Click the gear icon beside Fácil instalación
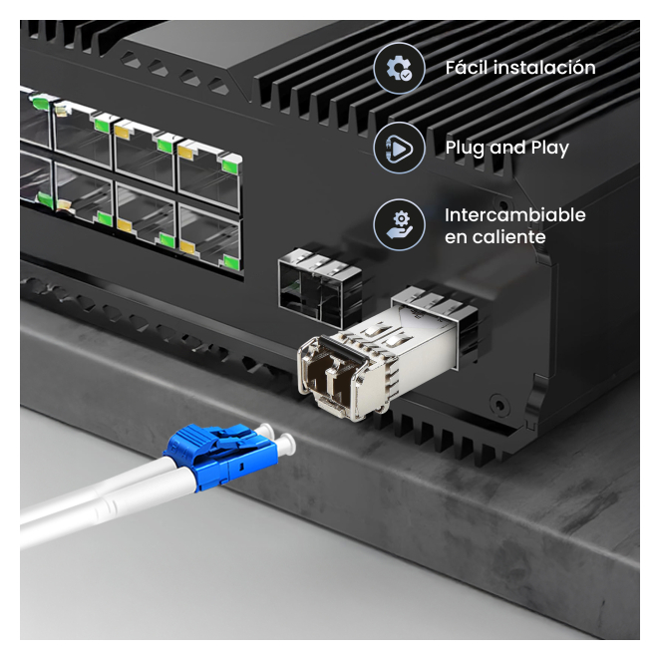pos(399,68)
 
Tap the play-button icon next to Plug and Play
pos(399,148)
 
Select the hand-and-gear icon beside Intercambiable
pos(399,224)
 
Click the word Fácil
pos(467,68)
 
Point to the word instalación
pos(544,68)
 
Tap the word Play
pos(549,148)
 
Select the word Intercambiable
pos(515,215)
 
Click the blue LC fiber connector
pos(221,456)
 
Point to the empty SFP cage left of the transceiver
pos(321,287)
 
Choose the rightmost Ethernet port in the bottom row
pos(210,239)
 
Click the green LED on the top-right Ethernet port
pos(230,166)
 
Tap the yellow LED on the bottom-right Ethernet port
pos(187,246)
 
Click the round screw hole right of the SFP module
pos(498,405)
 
